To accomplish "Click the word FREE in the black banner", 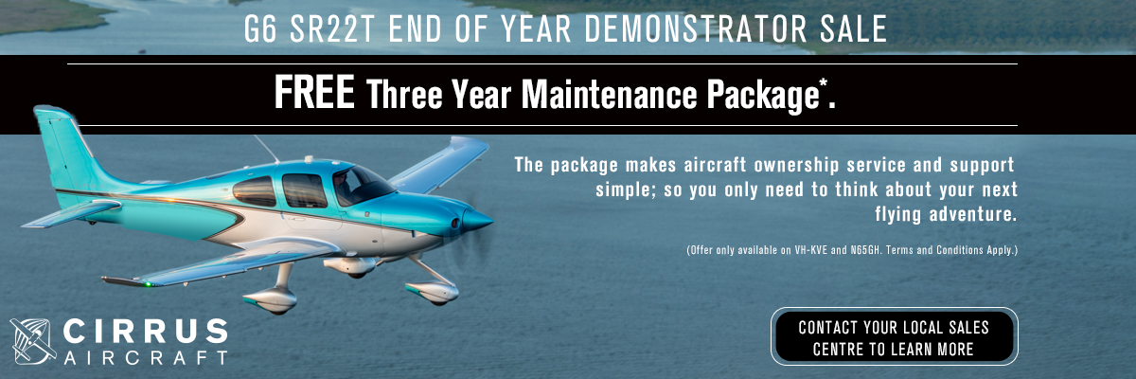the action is [x=314, y=92].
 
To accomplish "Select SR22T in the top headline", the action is [x=331, y=29].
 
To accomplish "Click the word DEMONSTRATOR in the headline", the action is [x=695, y=29].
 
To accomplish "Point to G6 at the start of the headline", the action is [x=260, y=29].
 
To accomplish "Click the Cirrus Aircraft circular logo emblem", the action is [x=33, y=341].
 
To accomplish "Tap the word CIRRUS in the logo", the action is [x=146, y=332].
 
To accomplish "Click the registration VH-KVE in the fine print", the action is [x=810, y=250].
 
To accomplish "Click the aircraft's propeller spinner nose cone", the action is [x=477, y=221].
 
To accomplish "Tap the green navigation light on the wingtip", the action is [x=148, y=284].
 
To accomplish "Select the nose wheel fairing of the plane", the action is [x=432, y=292].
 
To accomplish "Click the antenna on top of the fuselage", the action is [x=266, y=148].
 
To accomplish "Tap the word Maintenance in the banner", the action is [x=609, y=95].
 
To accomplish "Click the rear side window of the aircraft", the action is [x=255, y=191].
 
